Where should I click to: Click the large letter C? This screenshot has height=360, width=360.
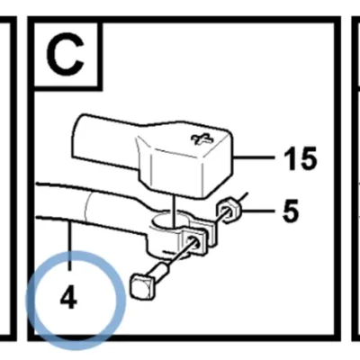point(65,54)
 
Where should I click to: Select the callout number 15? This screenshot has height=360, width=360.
point(301,158)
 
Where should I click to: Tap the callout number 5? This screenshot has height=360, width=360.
point(291,211)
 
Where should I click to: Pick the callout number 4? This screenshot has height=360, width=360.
point(68,297)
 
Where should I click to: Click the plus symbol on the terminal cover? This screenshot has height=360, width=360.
point(202,139)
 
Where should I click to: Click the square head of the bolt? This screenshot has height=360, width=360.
point(141,285)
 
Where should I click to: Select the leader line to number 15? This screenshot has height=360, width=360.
point(255,157)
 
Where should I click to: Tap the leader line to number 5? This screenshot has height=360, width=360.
point(257,211)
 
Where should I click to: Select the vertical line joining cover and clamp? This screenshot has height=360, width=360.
point(174,210)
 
